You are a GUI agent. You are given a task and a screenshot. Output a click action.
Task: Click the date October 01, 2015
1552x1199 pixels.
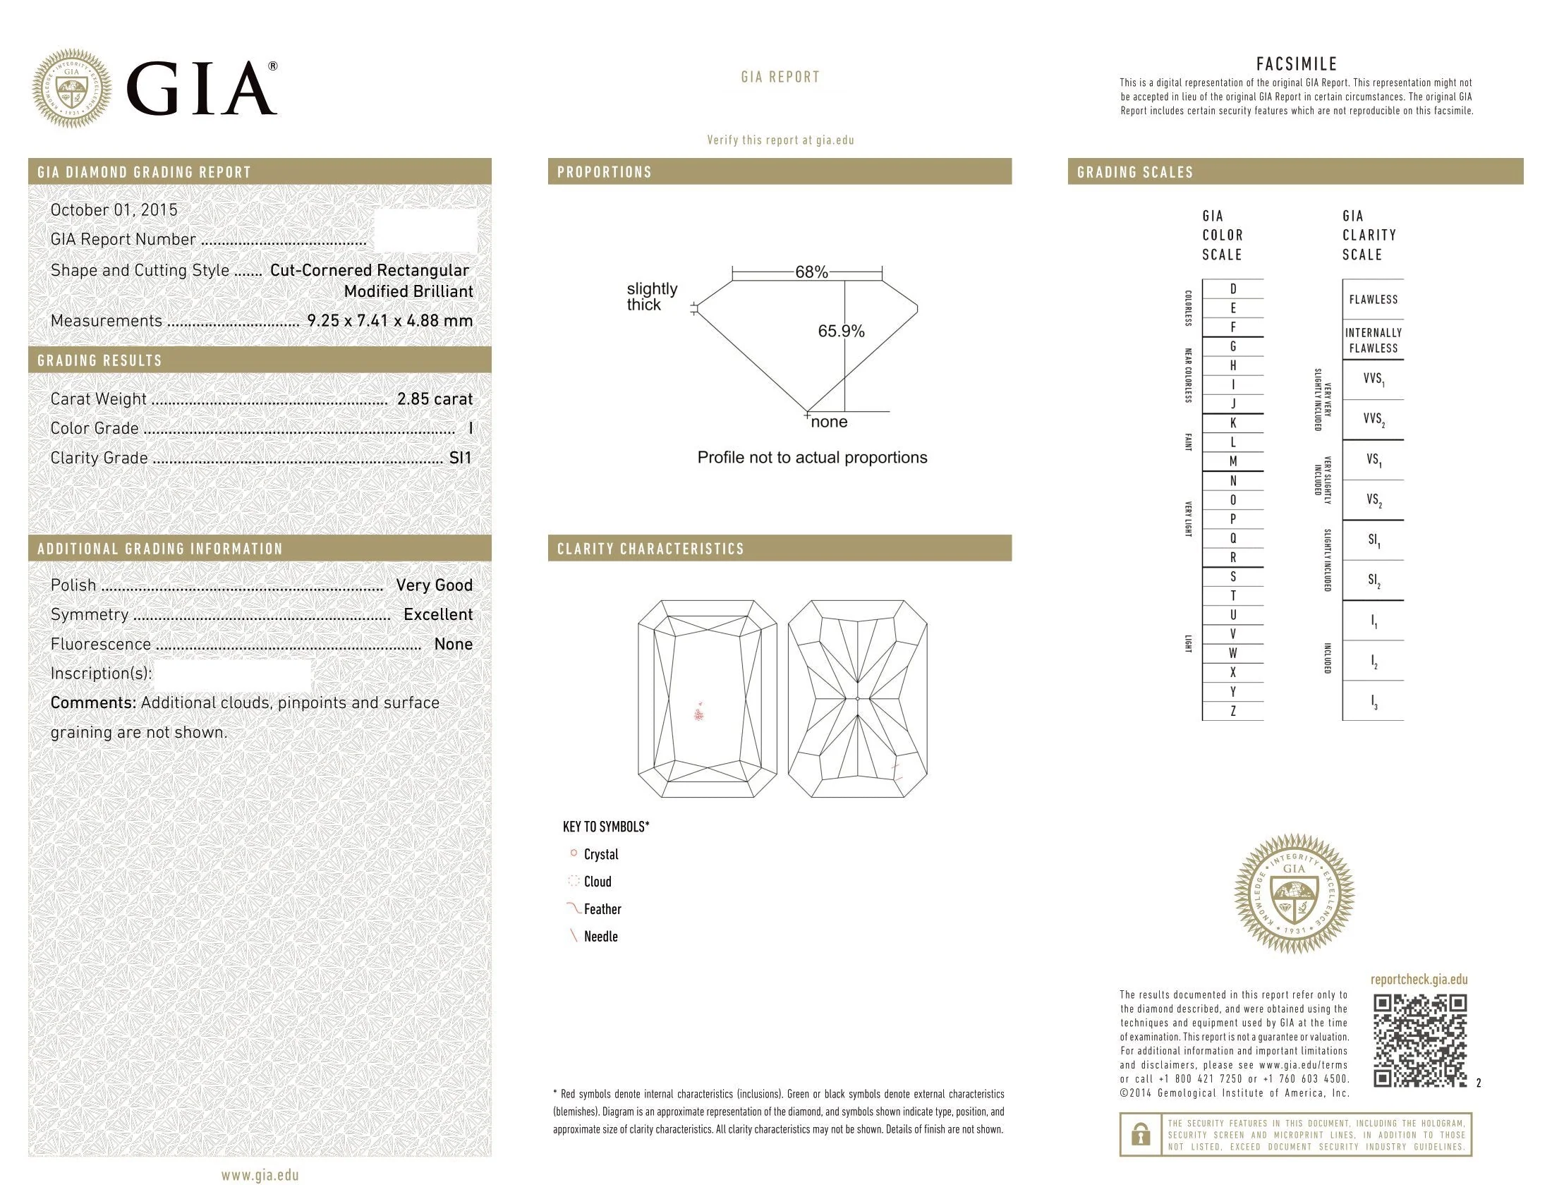click(114, 210)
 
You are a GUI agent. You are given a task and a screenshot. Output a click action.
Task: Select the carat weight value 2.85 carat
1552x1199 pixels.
click(434, 399)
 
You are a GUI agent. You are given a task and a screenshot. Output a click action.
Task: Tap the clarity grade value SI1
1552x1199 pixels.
click(460, 458)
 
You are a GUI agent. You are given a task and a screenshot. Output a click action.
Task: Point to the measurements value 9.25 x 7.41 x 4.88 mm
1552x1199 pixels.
click(389, 321)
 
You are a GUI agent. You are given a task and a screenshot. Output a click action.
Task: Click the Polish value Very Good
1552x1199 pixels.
click(433, 585)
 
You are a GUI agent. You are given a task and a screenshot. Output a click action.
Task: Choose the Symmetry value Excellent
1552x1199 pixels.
click(438, 615)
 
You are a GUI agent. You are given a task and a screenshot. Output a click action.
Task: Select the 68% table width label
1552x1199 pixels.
click(811, 272)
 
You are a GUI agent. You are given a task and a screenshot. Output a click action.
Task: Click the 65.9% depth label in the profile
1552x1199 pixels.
click(841, 331)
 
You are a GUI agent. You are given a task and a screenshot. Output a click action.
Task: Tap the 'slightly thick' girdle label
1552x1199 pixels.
click(651, 297)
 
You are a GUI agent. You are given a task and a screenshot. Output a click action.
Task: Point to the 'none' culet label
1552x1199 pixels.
click(829, 422)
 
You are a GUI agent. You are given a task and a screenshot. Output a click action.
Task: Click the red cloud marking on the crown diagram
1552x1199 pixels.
click(700, 712)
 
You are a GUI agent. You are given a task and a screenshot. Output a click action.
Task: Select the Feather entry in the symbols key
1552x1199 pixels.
click(601, 909)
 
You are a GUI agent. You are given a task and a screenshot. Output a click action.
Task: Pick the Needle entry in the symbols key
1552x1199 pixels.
click(600, 937)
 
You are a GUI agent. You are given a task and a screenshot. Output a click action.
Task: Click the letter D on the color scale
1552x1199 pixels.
click(1233, 289)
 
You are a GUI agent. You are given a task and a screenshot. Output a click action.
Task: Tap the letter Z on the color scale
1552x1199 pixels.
click(1233, 711)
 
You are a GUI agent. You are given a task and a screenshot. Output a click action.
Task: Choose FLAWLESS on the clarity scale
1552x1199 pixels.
click(1373, 300)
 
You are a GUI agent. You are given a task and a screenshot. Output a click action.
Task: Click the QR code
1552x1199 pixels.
click(1419, 1040)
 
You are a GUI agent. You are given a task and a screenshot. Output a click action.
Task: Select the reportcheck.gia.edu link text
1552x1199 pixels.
click(1419, 980)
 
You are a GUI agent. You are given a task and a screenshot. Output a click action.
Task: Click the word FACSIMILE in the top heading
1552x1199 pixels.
click(1296, 65)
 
